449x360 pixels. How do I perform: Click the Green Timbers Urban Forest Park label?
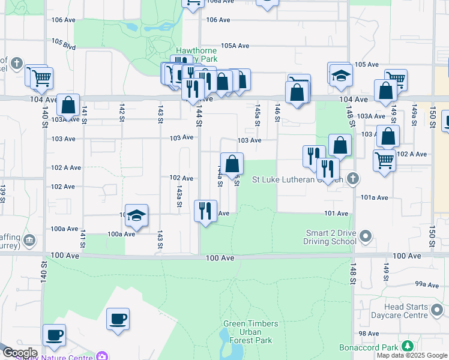(x=250, y=332)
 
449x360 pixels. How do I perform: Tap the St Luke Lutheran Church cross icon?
(x=353, y=178)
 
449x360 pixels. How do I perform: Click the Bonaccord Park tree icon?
(x=408, y=346)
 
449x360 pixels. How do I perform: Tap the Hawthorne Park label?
(x=196, y=55)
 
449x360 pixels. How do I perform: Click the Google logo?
(x=19, y=352)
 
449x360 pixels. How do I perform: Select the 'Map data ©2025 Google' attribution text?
(x=412, y=355)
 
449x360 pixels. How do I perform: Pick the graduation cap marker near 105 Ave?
(x=340, y=75)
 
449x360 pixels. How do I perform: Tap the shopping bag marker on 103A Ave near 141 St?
(x=68, y=106)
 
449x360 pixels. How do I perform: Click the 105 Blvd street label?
(x=64, y=43)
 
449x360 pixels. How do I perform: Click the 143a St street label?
(x=179, y=195)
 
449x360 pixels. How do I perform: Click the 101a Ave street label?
(x=375, y=197)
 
